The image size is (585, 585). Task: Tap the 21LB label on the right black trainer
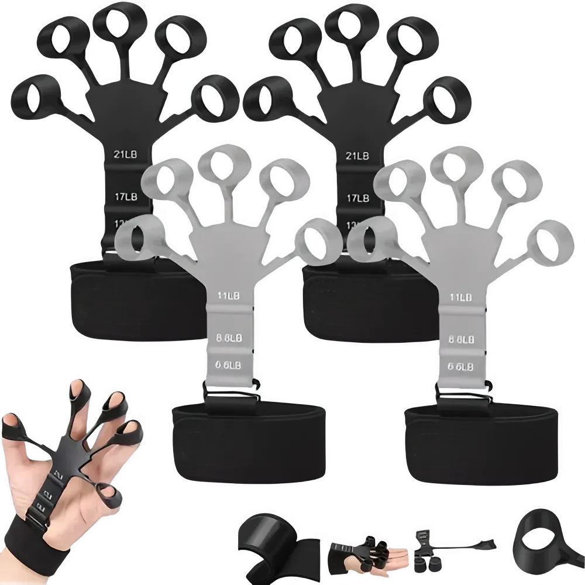pos(357,155)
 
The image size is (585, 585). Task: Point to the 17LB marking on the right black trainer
pos(357,198)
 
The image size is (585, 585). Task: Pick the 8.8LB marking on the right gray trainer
pos(461,339)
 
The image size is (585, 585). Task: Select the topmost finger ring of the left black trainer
pos(113,25)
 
